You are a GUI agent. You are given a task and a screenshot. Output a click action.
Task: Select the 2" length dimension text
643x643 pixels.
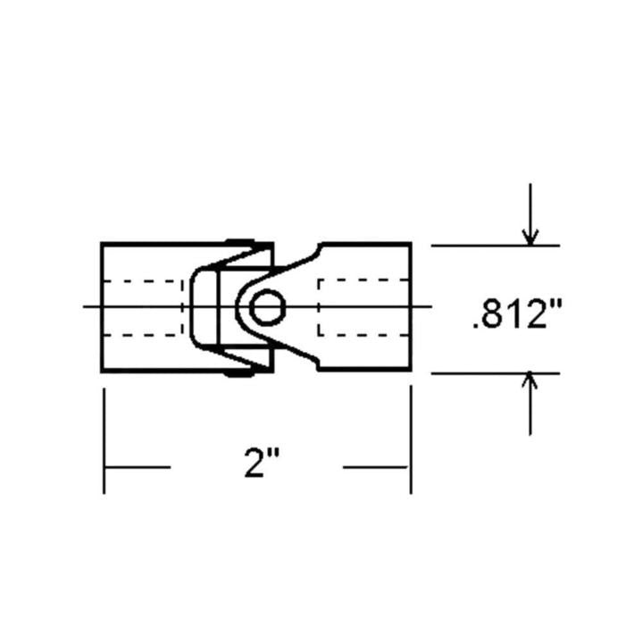(262, 464)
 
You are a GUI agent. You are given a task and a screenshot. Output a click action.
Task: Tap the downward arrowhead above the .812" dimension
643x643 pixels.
(530, 237)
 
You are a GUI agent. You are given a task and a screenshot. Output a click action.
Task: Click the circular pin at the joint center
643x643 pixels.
(265, 308)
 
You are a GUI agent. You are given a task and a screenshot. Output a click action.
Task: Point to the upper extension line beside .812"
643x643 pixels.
(495, 245)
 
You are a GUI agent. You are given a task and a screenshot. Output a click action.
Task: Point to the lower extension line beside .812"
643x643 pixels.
(495, 373)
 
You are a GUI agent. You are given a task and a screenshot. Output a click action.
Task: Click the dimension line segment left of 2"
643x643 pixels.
(137, 466)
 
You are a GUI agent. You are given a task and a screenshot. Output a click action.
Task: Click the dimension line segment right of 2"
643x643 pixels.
(376, 466)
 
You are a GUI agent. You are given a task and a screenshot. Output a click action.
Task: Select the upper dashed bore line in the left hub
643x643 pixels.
(143, 281)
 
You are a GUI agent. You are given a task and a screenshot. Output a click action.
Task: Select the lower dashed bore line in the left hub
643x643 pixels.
(143, 336)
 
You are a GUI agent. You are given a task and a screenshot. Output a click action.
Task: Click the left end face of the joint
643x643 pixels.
(102, 307)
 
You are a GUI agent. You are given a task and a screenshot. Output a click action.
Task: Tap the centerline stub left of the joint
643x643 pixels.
(92, 307)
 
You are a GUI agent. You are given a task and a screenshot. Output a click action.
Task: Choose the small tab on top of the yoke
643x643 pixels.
(239, 241)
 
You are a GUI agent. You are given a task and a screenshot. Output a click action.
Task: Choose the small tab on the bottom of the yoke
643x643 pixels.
(238, 373)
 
